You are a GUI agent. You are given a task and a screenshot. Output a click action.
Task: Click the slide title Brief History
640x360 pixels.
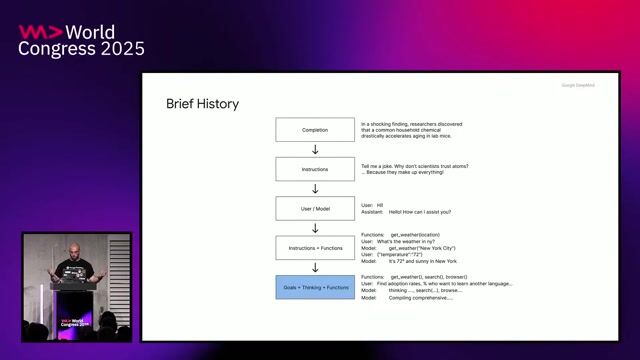pos(202,104)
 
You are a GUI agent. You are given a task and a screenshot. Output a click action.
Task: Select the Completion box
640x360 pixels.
pos(315,130)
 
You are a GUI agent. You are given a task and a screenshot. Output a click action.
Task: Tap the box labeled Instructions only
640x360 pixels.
pos(315,169)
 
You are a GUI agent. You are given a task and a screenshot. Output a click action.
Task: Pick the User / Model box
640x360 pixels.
pos(315,208)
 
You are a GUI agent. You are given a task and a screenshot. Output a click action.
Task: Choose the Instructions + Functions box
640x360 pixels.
pos(315,247)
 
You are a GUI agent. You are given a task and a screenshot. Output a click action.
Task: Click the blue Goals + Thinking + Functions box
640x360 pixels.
pos(315,287)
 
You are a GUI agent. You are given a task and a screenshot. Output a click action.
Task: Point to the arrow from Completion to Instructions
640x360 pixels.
pos(315,149)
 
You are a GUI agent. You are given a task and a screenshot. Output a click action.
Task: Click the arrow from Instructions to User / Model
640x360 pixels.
pos(315,188)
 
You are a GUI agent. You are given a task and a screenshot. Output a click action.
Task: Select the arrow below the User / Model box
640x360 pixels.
pos(315,227)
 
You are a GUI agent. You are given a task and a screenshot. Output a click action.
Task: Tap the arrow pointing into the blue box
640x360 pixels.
pos(315,267)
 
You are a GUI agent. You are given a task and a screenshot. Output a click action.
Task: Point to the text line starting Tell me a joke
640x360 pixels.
pos(415,166)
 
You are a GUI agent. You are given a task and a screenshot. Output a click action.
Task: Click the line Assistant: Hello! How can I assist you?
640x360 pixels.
pos(406,212)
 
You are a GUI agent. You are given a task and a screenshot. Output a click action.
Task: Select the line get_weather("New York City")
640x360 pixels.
pos(421,248)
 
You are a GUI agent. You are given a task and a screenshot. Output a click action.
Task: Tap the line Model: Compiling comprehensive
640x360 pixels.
pos(408,297)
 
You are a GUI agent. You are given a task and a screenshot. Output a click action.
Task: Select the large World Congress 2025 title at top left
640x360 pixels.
pos(81,40)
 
